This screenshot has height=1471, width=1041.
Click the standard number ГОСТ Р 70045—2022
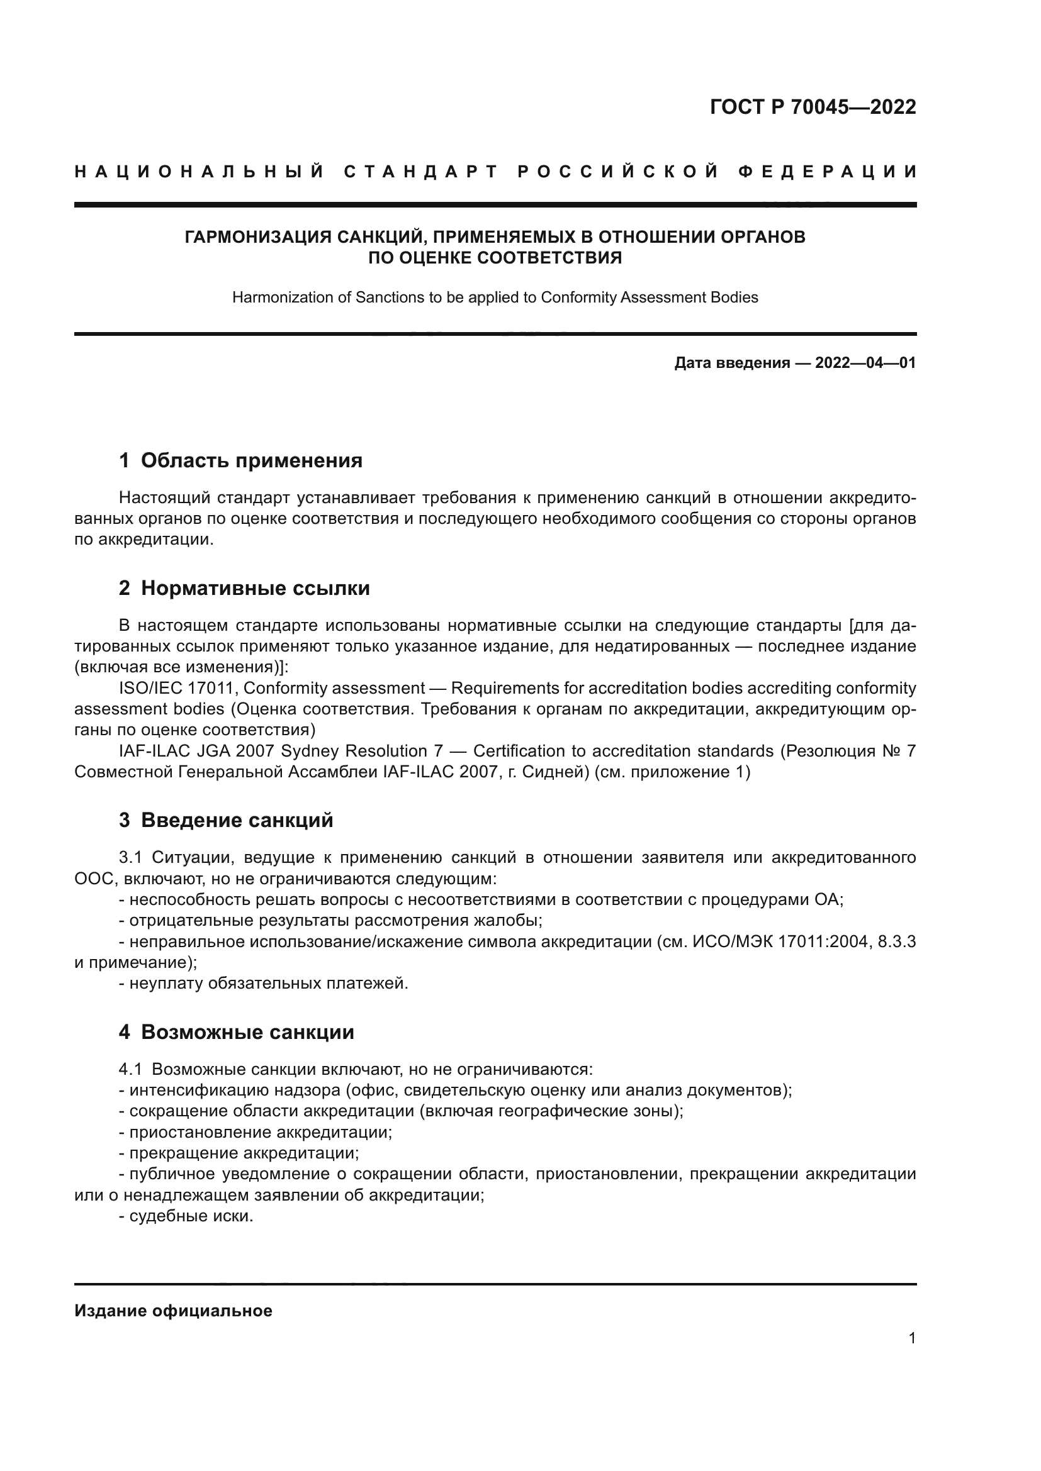tap(813, 107)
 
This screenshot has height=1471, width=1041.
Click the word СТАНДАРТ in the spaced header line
tap(421, 172)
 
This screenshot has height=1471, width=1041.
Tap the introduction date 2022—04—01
tap(865, 364)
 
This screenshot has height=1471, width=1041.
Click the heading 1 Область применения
tap(240, 460)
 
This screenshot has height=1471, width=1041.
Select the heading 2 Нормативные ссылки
tap(244, 587)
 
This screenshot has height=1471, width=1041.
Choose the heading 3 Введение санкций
tap(226, 820)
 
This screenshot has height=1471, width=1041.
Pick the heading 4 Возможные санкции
tap(236, 1032)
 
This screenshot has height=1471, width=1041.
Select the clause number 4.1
tap(130, 1069)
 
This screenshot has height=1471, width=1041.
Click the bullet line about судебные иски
tap(186, 1216)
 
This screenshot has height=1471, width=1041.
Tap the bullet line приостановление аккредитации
tap(256, 1132)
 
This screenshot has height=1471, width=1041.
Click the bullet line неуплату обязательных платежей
tap(264, 984)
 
